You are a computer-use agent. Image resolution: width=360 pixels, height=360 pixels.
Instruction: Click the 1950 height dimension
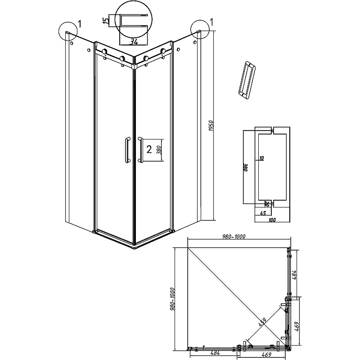click(x=211, y=126)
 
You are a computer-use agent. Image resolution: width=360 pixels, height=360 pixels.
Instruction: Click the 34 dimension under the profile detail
click(x=134, y=42)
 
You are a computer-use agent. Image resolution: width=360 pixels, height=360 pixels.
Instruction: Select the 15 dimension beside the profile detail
click(x=106, y=20)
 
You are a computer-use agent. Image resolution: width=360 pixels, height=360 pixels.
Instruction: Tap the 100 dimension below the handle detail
click(x=272, y=220)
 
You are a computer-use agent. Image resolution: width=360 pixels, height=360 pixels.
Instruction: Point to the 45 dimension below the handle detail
click(x=263, y=213)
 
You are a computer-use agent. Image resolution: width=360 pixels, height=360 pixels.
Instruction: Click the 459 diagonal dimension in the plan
click(x=262, y=322)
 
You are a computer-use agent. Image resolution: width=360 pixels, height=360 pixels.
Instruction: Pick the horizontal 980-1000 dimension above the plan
click(x=234, y=237)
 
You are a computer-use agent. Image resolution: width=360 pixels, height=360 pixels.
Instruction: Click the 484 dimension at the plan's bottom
click(x=215, y=353)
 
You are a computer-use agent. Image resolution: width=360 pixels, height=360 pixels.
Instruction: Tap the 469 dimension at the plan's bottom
click(x=266, y=355)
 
